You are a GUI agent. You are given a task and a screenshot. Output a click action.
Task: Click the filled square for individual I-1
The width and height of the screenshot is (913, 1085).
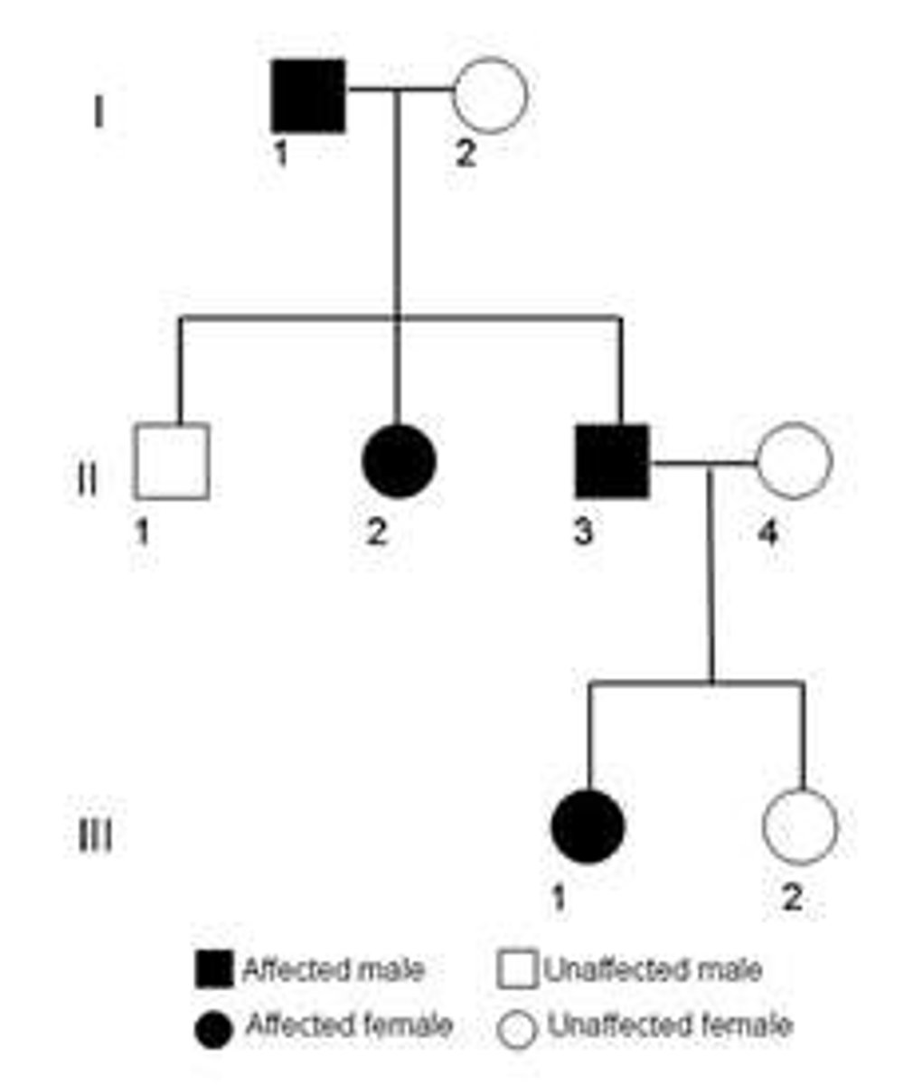308,96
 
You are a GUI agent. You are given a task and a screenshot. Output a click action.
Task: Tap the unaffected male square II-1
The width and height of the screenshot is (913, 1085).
172,461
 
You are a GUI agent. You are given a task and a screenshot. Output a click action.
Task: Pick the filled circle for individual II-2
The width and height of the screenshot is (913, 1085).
399,460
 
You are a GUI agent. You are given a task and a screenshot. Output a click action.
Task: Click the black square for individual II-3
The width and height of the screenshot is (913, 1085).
613,461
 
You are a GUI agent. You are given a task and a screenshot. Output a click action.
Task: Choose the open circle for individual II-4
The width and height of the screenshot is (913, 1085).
793,460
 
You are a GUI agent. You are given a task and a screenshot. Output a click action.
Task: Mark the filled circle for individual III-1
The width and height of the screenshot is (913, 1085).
588,826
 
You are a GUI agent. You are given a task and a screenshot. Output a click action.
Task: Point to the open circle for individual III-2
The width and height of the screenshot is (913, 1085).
800,825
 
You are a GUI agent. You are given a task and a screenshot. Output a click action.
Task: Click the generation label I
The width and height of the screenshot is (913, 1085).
98,113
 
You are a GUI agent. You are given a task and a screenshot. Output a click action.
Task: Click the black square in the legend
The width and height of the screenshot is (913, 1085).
214,970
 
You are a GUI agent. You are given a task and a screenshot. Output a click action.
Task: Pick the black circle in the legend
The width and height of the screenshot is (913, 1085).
213,1028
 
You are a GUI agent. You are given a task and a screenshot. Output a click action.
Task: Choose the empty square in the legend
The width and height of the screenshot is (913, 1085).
517,970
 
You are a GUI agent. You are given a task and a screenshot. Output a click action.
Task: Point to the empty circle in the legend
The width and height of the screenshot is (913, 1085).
518,1029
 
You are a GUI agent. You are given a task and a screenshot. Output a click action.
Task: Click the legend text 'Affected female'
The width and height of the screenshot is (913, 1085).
349,1025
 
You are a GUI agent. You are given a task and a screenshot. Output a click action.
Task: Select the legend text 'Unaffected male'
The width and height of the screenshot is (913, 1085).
652,970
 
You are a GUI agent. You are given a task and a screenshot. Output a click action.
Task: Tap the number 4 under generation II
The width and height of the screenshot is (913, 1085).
767,533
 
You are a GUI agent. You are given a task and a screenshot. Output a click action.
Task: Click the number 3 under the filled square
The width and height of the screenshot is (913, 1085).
583,533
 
